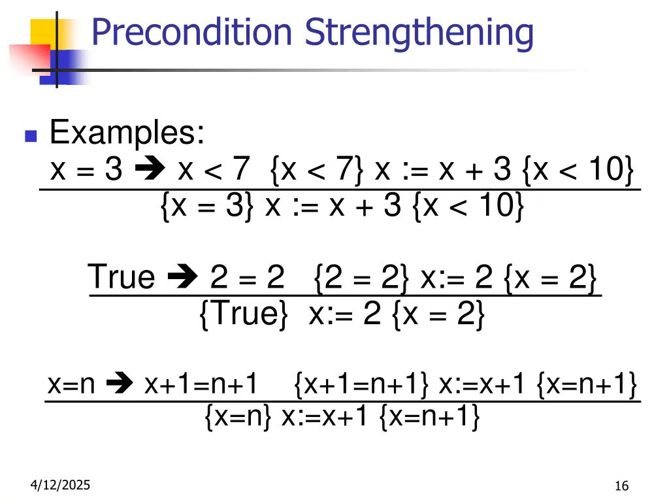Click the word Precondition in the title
point(191,33)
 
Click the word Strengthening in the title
point(419,33)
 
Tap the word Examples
point(127,133)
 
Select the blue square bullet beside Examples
point(30,137)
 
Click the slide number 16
point(621,486)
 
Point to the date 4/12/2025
point(60,485)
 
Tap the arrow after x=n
point(120,385)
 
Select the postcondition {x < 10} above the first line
point(578,171)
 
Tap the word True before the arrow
point(122,277)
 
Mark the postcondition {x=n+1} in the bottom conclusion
point(429,416)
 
